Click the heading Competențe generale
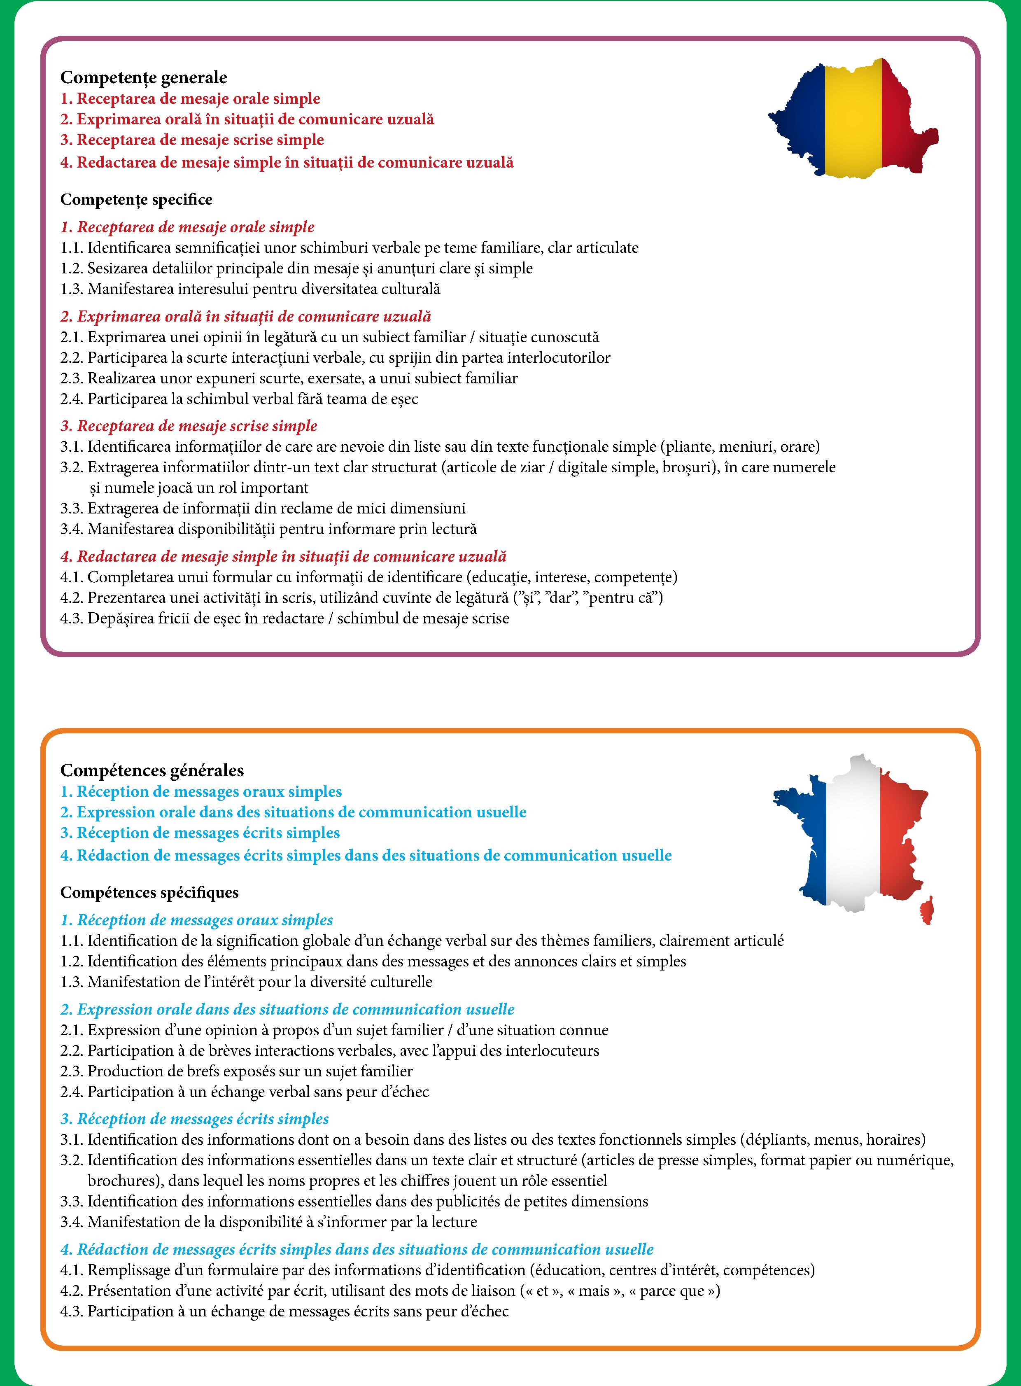point(143,77)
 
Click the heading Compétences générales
point(152,770)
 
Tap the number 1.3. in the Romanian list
point(72,289)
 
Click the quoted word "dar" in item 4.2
point(561,598)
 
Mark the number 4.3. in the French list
point(72,1311)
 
